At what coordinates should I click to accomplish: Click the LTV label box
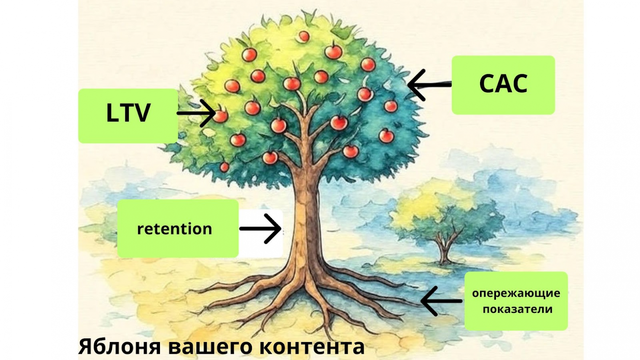[x=128, y=115]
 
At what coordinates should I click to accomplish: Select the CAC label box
[x=503, y=85]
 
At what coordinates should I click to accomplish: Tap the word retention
[x=174, y=229]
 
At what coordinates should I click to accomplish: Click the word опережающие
[x=516, y=293]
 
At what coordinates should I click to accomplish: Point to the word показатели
[x=517, y=309]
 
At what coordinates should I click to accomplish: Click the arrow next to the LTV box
[x=196, y=113]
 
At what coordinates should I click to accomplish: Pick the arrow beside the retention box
[x=261, y=229]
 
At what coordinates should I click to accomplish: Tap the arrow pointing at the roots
[x=441, y=301]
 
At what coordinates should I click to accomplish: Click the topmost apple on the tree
[x=304, y=37]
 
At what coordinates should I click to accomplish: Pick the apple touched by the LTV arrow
[x=221, y=116]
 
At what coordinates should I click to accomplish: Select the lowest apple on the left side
[x=224, y=167]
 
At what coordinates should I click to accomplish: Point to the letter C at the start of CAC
[x=487, y=84]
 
